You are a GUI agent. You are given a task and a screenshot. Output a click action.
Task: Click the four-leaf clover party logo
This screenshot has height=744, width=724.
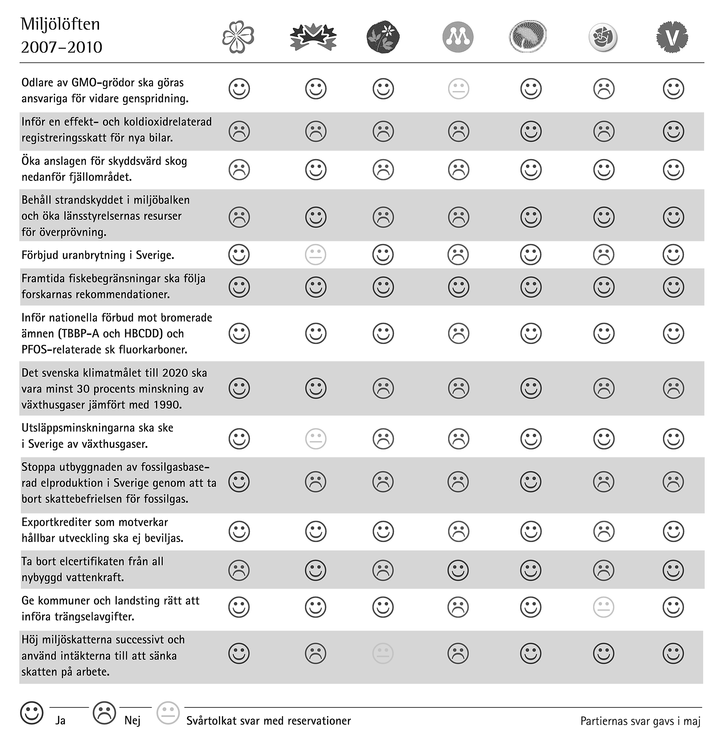point(238,37)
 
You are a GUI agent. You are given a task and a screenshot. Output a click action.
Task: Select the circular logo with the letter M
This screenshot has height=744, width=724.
point(458,37)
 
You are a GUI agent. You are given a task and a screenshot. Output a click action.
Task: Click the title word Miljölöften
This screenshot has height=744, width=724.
point(60,24)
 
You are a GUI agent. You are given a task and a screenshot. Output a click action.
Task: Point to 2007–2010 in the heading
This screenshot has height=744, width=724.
point(62,48)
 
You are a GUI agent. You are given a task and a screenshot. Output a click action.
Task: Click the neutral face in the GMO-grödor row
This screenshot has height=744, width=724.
point(459,89)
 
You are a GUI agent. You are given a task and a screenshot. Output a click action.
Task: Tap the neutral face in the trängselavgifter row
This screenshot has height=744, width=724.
point(604,607)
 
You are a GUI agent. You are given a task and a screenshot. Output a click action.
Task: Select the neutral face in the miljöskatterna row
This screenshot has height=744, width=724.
point(383,654)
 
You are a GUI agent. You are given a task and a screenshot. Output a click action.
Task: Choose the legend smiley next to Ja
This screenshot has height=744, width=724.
point(32,713)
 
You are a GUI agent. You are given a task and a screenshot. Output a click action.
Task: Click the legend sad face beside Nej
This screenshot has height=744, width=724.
point(104,713)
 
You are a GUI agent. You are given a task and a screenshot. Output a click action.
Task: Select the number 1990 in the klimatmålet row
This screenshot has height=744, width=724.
point(167,405)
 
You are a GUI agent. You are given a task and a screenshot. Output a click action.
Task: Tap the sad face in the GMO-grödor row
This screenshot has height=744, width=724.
point(604,89)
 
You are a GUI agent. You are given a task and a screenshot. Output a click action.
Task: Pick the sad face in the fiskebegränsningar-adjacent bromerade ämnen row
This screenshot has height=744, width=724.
point(459,333)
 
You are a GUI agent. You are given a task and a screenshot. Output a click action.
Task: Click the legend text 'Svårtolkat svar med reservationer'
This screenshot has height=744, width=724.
point(269,721)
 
